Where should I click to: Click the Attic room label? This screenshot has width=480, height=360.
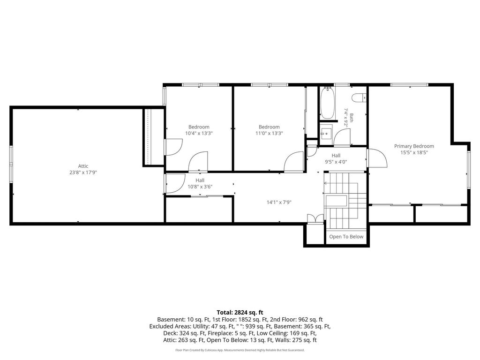(83, 166)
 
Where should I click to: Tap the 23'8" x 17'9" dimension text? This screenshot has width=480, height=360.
(83, 172)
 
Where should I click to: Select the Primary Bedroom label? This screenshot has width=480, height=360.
(414, 146)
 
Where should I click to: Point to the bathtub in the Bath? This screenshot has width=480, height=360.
(327, 103)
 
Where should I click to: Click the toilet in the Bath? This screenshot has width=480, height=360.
(359, 98)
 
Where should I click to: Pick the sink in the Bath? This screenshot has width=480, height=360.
(326, 134)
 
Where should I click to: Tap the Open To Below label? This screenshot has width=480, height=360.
(346, 237)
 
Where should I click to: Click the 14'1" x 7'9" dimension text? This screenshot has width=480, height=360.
(279, 202)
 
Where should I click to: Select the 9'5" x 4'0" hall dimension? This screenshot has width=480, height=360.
(336, 162)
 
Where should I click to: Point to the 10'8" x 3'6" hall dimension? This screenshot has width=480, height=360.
(200, 187)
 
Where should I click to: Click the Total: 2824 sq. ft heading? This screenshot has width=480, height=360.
(240, 313)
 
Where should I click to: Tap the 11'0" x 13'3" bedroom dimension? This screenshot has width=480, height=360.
(269, 133)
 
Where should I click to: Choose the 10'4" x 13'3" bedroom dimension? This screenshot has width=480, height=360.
(199, 133)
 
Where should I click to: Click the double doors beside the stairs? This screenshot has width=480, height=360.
(315, 218)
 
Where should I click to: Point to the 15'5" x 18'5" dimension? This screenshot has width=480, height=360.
(414, 152)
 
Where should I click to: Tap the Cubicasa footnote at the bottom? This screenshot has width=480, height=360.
(240, 350)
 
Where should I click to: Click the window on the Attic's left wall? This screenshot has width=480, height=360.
(11, 165)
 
